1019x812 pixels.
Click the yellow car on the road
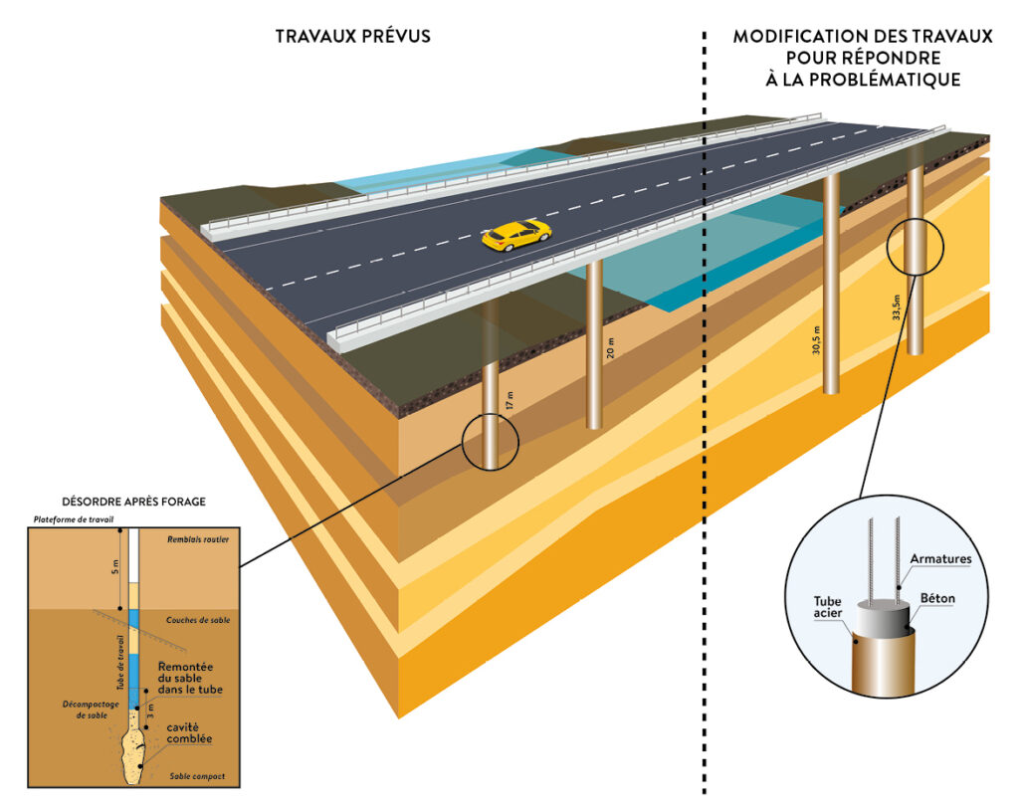[x=516, y=235]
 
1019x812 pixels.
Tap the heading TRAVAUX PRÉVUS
[x=353, y=38]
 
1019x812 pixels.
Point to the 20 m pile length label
[x=611, y=347]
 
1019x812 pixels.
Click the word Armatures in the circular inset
[x=938, y=558]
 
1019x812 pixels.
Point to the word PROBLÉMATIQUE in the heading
[x=862, y=80]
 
